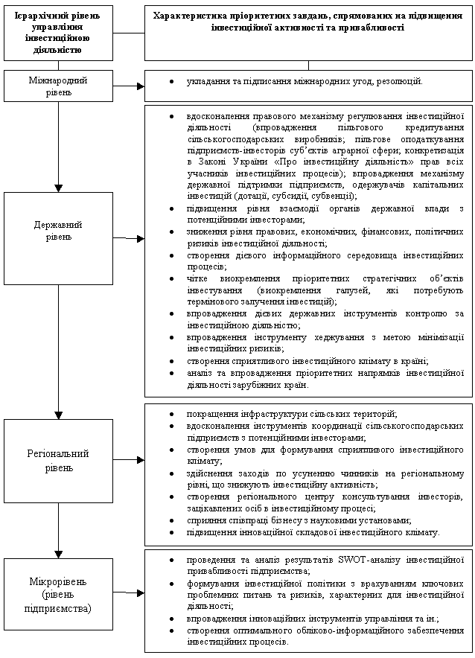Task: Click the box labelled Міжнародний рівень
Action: coord(59,86)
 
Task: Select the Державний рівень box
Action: coord(59,230)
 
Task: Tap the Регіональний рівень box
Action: coord(59,461)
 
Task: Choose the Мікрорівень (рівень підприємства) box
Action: coord(59,594)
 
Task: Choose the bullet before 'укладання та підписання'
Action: coord(172,80)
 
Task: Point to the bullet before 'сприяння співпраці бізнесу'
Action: coord(172,521)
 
